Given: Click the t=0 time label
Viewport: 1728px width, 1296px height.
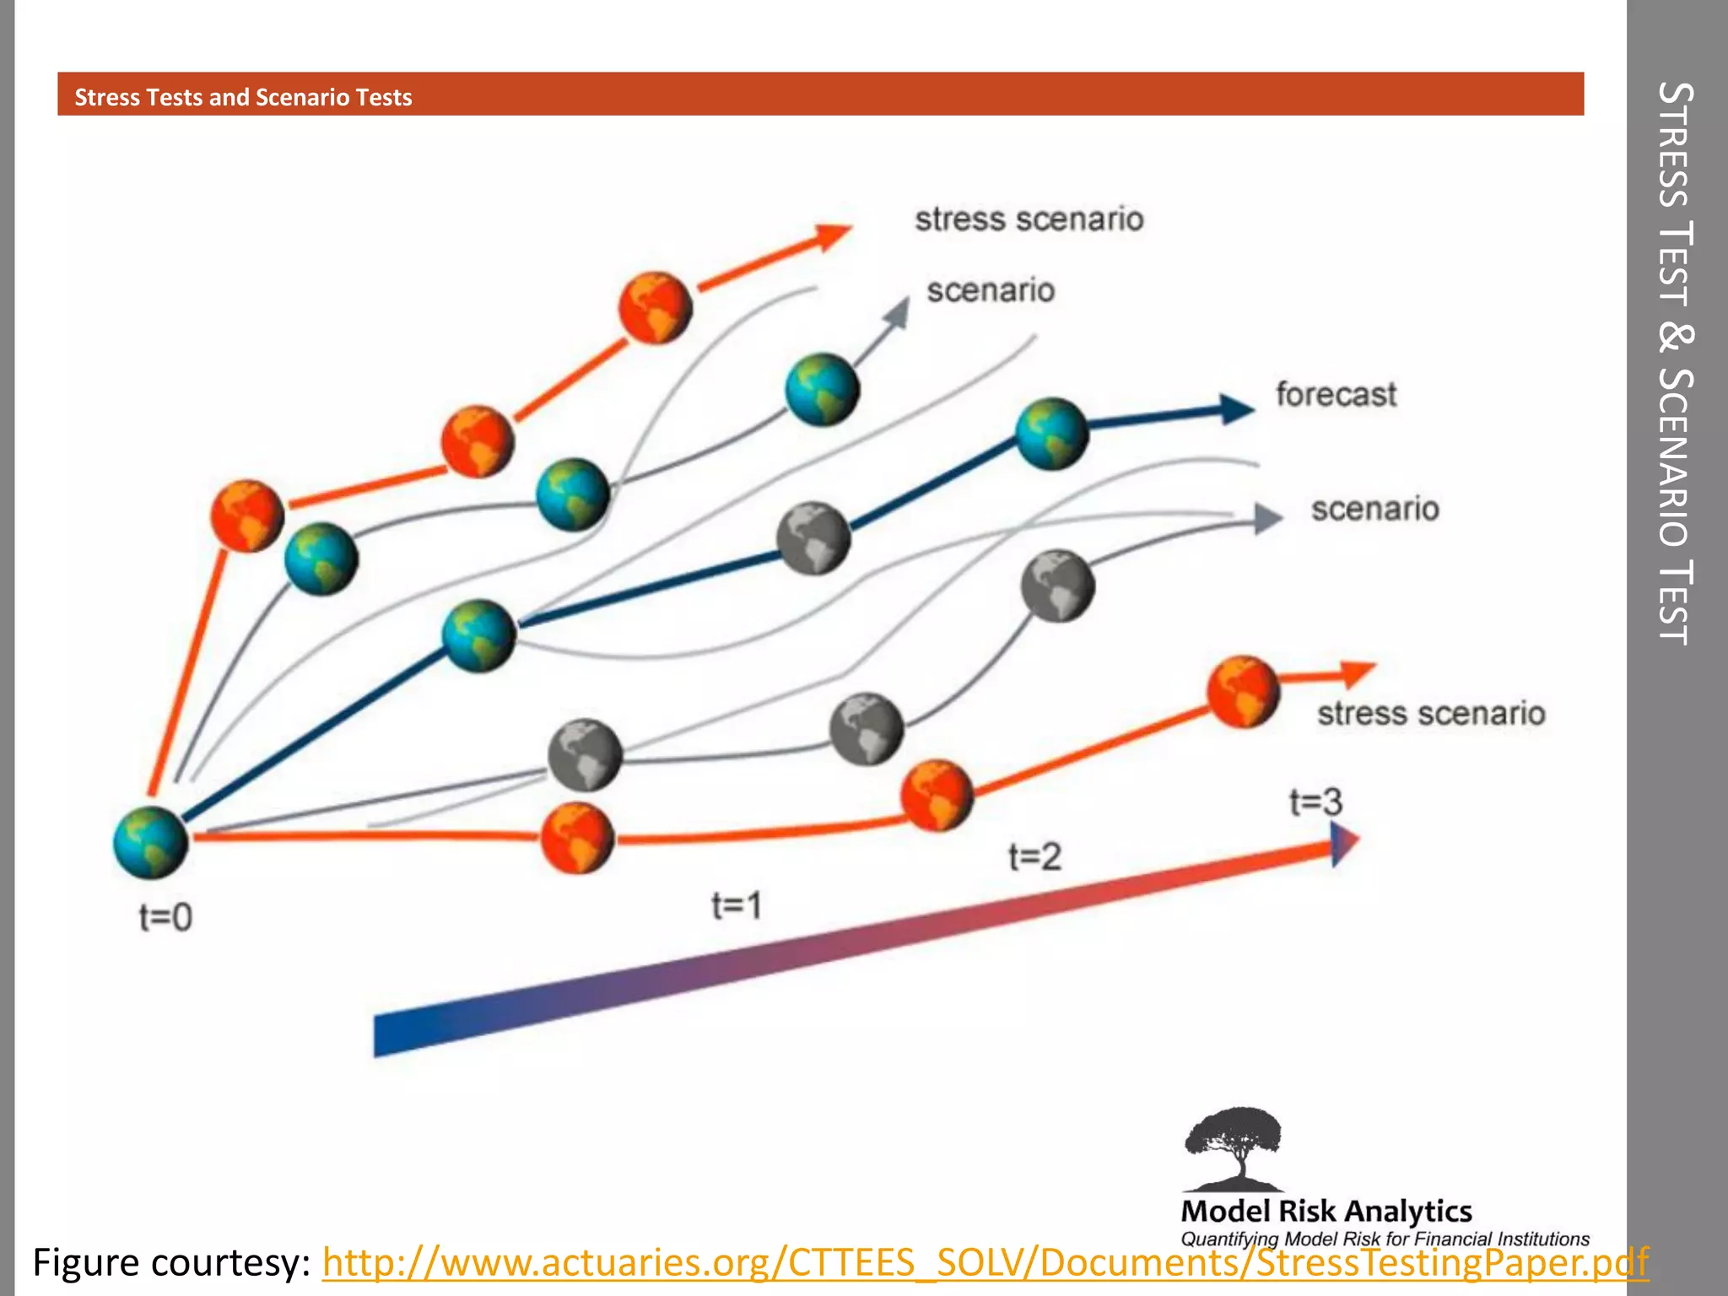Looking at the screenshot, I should pos(165,916).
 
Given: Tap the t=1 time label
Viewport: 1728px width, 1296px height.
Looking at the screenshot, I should pos(737,905).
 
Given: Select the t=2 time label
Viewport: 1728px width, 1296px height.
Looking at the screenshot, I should pos(1034,856).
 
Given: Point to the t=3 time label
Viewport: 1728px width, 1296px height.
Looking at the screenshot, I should pos(1315,801).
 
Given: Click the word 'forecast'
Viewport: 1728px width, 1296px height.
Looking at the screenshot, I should pos(1336,394).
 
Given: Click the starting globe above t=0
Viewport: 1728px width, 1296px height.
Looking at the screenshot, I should pos(150,842).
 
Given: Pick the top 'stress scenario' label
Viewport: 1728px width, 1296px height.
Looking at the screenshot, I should pos(1029,219).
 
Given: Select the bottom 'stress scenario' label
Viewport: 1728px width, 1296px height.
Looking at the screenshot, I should pos(1431,713).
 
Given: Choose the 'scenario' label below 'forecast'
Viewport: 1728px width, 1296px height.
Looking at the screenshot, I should pos(1374,509).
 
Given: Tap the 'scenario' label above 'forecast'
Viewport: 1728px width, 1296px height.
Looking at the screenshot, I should pos(991,290).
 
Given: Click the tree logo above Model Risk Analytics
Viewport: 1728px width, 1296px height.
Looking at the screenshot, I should pos(1234,1147).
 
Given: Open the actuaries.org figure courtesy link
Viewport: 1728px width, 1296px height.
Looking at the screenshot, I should pos(985,1263).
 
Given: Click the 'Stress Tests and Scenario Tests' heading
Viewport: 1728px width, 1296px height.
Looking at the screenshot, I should pos(243,97).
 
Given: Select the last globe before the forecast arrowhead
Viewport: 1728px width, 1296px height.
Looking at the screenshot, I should pos(1051,433).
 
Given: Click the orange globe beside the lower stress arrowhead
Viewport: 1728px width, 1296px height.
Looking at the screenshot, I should pos(1243,691).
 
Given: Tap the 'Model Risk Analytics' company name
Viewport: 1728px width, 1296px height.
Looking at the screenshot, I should pos(1326,1211).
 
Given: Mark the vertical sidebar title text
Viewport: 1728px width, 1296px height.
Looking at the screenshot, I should pos(1675,363).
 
